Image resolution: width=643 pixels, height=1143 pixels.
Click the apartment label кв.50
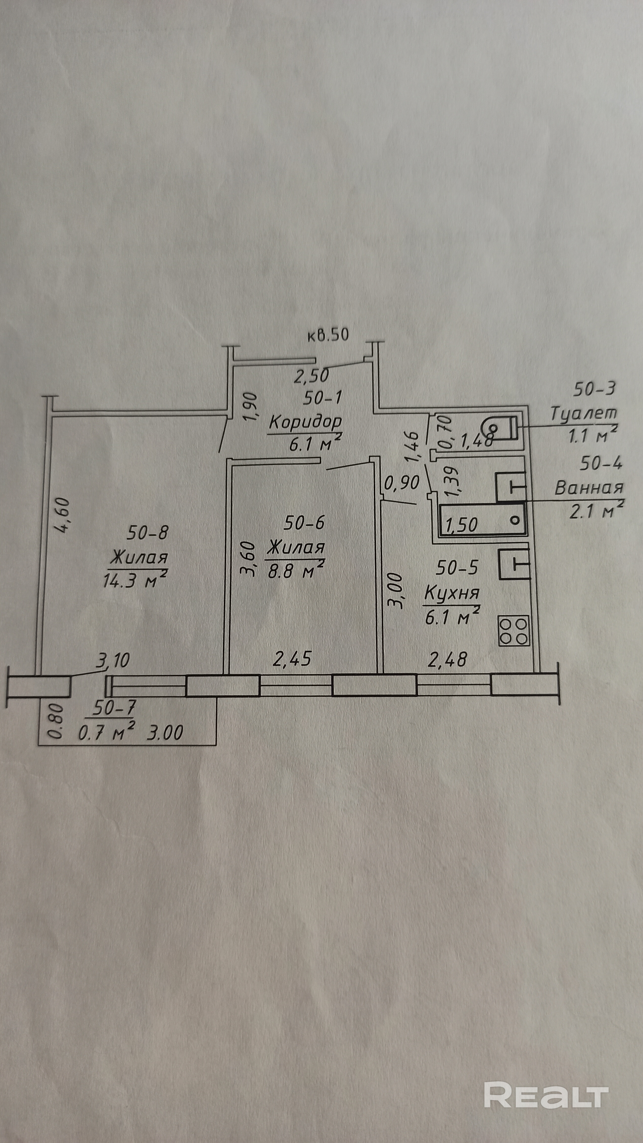point(328,334)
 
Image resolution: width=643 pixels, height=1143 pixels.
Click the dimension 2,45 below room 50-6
point(292,660)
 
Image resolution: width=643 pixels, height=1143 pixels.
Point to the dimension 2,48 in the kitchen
point(447,659)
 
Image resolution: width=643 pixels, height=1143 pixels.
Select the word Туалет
point(584,414)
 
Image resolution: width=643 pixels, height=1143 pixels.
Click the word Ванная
point(589,488)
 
